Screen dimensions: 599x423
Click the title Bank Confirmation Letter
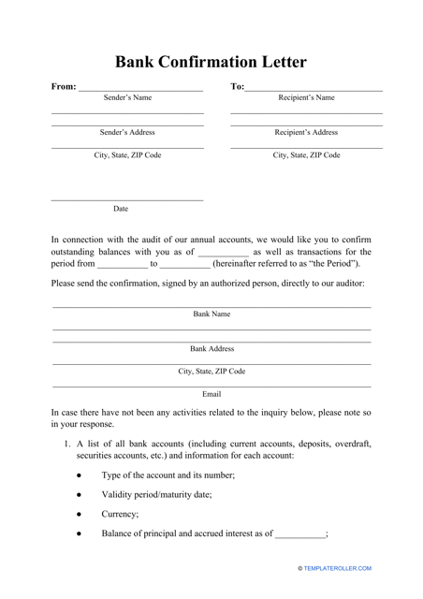211,63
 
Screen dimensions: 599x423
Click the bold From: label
64,87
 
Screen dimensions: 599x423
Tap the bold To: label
237,87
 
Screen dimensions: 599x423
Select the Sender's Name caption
127,97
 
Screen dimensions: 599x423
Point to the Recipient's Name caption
306,97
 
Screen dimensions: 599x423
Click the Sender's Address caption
127,132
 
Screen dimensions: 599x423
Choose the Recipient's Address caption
306,132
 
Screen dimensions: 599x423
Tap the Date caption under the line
121,209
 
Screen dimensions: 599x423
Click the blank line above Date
126,199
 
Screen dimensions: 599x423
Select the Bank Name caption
211,314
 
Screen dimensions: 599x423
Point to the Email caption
211,394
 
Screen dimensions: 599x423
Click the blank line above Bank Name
211,306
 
